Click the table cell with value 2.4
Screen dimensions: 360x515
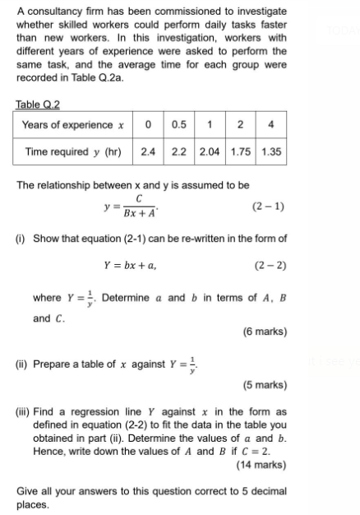tap(148, 151)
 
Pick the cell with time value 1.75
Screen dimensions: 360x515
tap(242, 151)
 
